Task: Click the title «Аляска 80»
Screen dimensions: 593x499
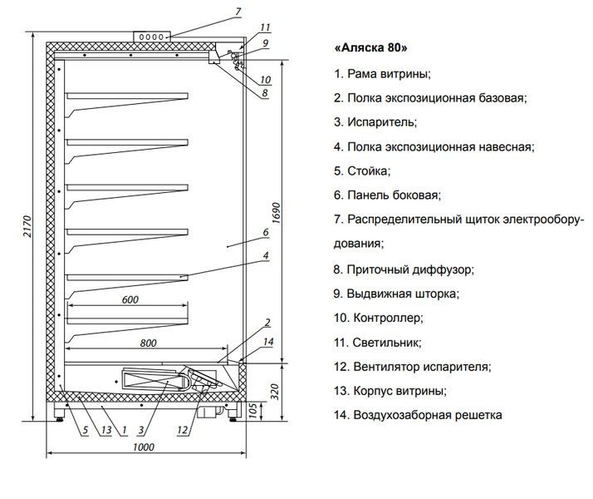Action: point(370,48)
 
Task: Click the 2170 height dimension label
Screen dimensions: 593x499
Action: point(27,226)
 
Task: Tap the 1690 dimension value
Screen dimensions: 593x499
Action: point(277,213)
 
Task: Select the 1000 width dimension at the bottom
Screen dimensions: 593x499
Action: point(144,447)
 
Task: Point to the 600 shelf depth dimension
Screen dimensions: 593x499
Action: point(130,300)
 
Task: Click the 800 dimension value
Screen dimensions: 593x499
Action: point(148,343)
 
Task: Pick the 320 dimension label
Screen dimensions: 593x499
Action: point(275,392)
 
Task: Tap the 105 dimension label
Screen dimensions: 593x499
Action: point(253,410)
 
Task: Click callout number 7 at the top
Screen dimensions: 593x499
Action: point(238,12)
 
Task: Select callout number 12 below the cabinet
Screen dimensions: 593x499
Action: point(182,430)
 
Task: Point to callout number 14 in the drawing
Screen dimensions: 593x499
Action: point(268,342)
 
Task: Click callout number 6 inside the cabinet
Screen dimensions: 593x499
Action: point(266,232)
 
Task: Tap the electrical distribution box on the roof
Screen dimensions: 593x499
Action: point(152,37)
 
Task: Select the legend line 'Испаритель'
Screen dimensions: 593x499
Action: point(375,122)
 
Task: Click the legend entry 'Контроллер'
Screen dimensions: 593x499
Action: point(378,318)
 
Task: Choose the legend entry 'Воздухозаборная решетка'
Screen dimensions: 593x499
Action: point(418,415)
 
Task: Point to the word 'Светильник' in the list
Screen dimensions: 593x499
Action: point(386,343)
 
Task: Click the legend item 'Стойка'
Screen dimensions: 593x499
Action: point(362,171)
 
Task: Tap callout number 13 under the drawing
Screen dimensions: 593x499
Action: point(106,430)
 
